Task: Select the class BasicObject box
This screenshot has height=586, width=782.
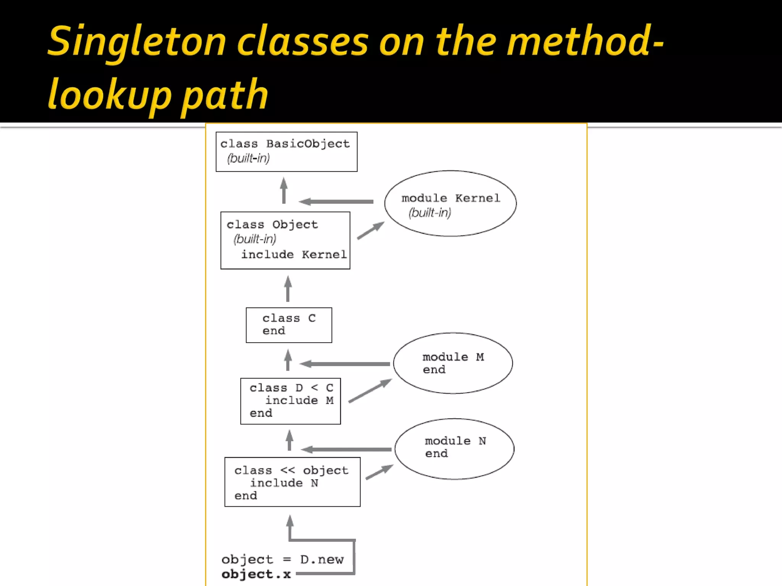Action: point(286,152)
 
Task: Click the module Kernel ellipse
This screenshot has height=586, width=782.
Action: point(451,204)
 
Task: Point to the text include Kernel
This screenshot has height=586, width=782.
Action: point(294,255)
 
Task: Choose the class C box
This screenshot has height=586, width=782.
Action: point(289,325)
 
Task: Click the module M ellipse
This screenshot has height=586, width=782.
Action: point(453,363)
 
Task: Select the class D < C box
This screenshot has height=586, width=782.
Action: point(291,401)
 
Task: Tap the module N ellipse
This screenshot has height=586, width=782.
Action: point(454,449)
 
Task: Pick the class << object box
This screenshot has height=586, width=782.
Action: point(292,482)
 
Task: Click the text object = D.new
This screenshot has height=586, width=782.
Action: point(283,560)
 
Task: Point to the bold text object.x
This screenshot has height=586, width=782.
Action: point(256,574)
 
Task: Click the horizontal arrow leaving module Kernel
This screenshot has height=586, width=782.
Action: point(336,201)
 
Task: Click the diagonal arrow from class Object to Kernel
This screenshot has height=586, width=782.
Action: point(370,230)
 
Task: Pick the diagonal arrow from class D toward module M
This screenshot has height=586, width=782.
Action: point(370,391)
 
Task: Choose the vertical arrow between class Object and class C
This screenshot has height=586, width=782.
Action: point(288,289)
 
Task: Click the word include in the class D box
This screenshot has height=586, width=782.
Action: point(292,401)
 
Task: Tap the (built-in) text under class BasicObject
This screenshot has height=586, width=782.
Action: point(249,158)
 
